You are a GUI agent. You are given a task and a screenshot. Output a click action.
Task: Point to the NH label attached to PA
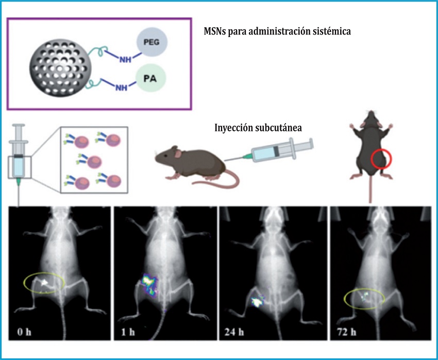(122, 88)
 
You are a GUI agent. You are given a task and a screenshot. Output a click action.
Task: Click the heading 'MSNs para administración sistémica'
(277, 31)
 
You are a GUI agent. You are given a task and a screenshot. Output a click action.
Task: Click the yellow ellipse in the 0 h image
(44, 282)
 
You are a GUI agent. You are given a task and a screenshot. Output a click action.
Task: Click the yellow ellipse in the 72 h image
(364, 298)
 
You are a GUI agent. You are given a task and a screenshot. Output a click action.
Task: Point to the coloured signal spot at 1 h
(149, 283)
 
